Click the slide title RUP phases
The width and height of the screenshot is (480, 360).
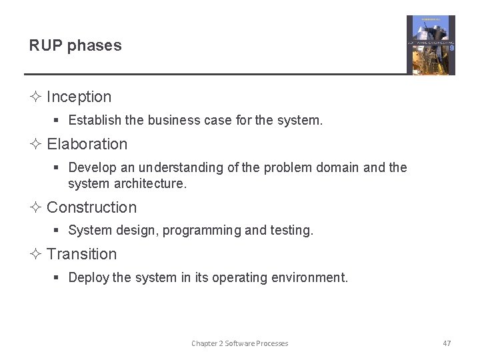tap(75, 46)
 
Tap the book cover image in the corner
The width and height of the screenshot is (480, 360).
tap(431, 45)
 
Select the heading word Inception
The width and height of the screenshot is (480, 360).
tap(79, 97)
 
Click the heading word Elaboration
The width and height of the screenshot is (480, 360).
tap(87, 144)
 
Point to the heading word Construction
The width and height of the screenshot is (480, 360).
tap(91, 207)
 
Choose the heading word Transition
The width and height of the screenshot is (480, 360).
tap(81, 254)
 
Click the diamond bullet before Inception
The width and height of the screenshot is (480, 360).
tap(35, 97)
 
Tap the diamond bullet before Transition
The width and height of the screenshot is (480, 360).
tap(35, 254)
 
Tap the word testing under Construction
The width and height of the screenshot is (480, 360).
tap(291, 231)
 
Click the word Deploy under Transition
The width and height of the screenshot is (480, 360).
tap(89, 277)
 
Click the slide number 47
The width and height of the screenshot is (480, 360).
tap(447, 343)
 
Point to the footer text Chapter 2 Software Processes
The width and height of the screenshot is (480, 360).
tap(239, 343)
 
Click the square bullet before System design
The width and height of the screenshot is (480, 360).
tap(57, 231)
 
